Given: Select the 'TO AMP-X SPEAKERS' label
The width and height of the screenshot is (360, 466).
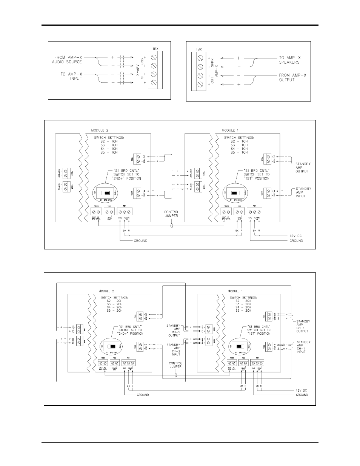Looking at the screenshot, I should [292, 60].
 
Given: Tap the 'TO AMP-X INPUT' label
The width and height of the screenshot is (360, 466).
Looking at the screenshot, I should [71, 76].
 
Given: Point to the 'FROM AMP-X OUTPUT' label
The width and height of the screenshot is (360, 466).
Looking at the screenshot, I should [292, 77].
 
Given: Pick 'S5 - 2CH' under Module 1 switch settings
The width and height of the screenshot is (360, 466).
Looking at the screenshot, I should [243, 310].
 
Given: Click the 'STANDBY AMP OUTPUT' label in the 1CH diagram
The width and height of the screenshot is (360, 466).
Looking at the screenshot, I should [302, 168].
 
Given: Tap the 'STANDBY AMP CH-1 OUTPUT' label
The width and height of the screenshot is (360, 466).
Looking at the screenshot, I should [303, 326].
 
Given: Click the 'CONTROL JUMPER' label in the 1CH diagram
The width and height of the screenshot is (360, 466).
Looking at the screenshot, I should [171, 214].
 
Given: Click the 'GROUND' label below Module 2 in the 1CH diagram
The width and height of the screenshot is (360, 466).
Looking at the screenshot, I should [141, 240].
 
